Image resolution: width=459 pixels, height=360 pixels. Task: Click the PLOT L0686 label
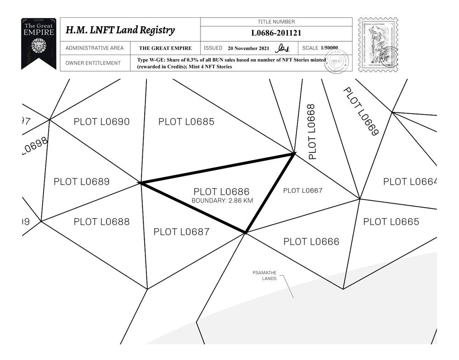pos(221,191)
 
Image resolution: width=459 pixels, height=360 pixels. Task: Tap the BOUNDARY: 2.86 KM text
pos(222,201)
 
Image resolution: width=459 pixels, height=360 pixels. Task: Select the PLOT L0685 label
pos(186,122)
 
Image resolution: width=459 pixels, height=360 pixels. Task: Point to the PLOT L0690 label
pos(101,122)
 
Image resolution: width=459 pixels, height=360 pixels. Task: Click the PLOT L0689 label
pos(82,181)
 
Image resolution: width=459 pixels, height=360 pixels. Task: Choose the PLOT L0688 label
pos(101,222)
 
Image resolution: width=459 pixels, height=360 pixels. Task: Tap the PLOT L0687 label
pos(181,232)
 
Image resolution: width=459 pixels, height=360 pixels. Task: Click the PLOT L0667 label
pos(303,191)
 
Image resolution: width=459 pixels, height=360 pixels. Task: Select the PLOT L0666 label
pos(311,242)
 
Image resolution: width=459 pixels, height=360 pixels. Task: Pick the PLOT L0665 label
pos(391,222)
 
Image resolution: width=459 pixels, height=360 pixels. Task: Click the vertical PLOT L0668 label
pos(312,132)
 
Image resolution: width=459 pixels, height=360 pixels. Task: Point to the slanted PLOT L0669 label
pos(361,112)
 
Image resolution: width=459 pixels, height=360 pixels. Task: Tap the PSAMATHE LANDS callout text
pos(265,276)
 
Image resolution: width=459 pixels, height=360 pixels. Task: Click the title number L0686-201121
pos(276,33)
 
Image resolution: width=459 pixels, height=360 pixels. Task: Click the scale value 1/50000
pos(330,48)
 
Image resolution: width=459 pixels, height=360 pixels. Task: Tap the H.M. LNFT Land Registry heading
pos(120,30)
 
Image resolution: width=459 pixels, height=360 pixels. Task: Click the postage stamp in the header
pos(378,45)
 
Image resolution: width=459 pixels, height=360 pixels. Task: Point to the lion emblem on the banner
pos(39,46)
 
